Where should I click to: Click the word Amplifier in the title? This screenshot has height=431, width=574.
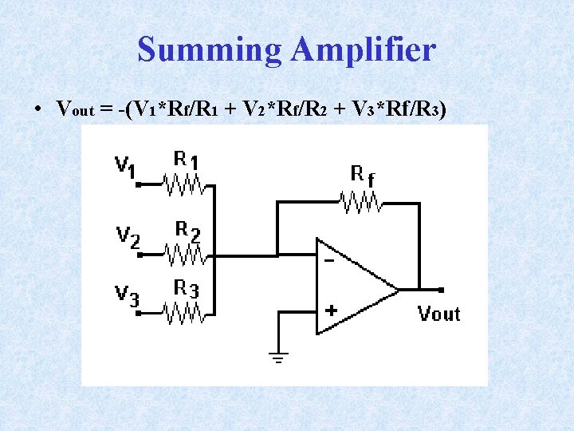click(x=363, y=50)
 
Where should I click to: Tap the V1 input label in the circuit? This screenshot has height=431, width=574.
click(x=125, y=166)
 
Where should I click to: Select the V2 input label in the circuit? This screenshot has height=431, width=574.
click(x=128, y=235)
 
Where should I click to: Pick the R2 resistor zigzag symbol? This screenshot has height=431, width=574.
click(x=184, y=255)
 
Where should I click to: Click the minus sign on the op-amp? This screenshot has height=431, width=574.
click(x=328, y=259)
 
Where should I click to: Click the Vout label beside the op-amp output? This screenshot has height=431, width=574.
click(x=439, y=314)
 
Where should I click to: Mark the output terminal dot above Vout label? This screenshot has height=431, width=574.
click(x=441, y=290)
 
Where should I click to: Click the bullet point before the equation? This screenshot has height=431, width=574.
click(x=38, y=109)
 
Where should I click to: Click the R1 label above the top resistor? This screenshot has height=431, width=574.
click(x=187, y=159)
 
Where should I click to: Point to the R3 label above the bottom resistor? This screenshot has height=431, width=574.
click(x=187, y=288)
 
